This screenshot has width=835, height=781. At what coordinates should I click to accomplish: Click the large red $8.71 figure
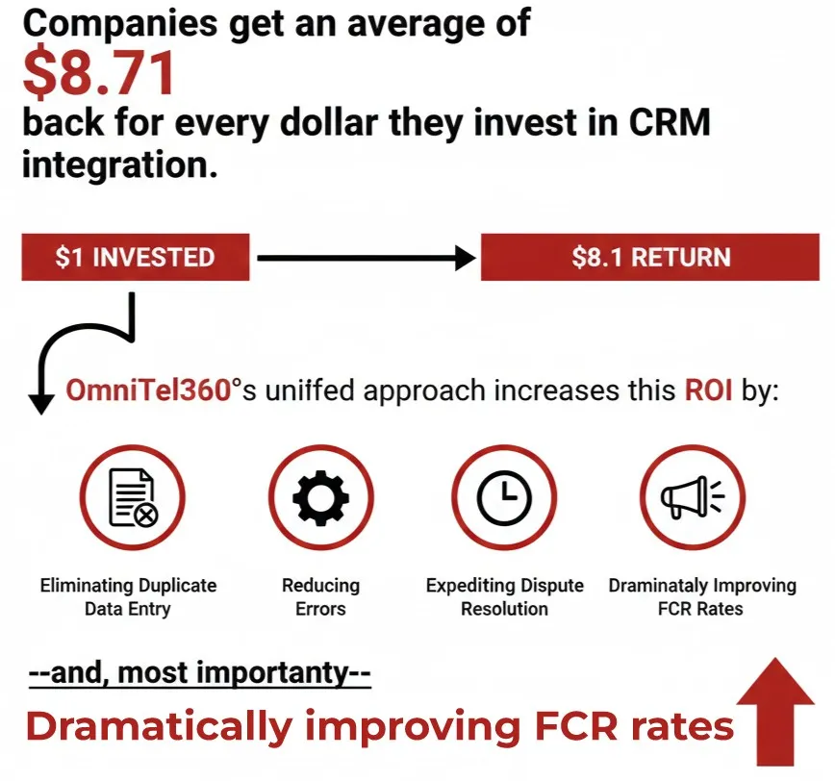99,73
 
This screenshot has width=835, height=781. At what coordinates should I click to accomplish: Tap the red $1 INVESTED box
136,257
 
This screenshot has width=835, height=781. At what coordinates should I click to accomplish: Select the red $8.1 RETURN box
650,257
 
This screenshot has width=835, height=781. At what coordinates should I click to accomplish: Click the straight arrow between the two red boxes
367,258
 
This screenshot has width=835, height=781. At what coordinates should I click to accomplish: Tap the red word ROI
708,390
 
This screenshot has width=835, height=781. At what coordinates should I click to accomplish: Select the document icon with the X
133,497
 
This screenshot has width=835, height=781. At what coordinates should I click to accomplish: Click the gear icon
321,498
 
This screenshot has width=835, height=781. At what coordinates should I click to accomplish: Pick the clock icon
504,498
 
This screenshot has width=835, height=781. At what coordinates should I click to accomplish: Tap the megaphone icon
693,496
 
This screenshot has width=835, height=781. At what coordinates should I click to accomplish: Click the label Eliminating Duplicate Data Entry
128,596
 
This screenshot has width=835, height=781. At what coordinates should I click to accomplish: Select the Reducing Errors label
320,596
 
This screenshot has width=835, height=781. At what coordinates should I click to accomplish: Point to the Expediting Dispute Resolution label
504,596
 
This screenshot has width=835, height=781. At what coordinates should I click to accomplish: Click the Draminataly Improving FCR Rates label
702,596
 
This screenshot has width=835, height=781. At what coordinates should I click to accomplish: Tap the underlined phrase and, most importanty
200,673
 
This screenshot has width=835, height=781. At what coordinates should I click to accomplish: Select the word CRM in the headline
670,122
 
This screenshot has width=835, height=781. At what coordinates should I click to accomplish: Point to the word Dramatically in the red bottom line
160,726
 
